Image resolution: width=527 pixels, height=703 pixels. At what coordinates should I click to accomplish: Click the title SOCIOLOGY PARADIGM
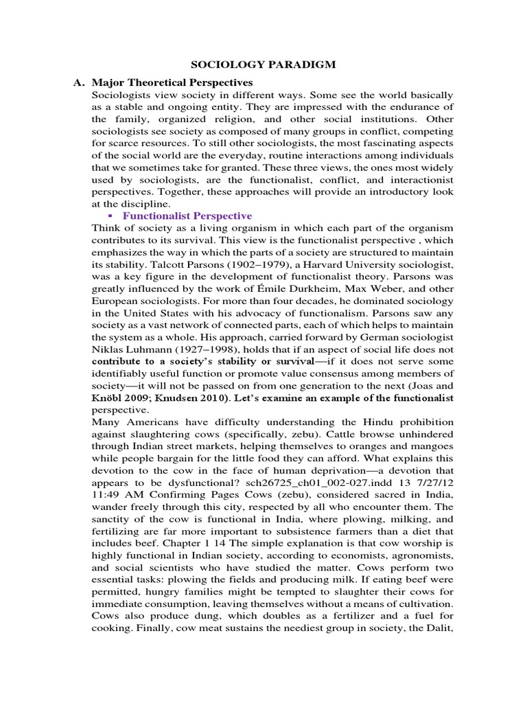[x=263, y=65]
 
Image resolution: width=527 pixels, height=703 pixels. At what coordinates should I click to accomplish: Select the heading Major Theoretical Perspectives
[x=167, y=82]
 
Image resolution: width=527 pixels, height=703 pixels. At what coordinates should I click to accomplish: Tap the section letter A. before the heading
[x=79, y=82]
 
